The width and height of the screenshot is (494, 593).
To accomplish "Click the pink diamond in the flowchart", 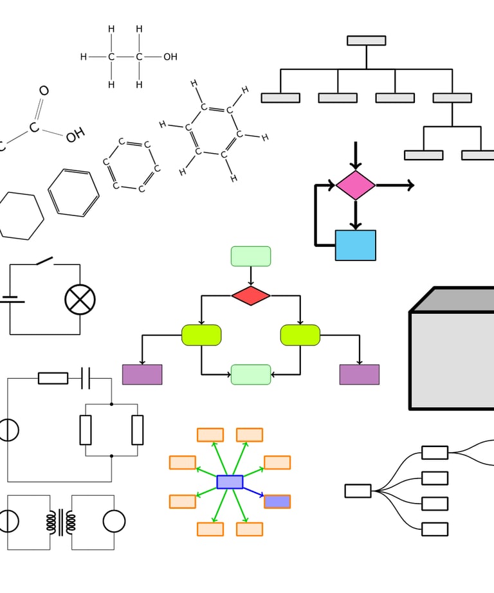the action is tap(356, 185).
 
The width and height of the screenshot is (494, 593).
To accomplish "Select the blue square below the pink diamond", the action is tap(356, 245).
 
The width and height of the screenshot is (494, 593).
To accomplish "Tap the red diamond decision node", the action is tap(251, 295).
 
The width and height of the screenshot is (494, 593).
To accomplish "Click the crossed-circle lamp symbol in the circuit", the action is tap(80, 300).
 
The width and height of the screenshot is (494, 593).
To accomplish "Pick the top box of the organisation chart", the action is tap(367, 41).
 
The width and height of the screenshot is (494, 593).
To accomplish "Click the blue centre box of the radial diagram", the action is tap(230, 482).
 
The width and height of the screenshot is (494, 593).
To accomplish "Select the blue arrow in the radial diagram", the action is tap(253, 491).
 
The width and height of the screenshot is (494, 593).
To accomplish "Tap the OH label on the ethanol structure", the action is tap(170, 57).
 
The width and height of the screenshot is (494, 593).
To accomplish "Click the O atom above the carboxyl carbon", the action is tap(44, 91).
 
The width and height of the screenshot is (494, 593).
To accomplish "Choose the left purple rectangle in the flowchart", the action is tap(142, 374).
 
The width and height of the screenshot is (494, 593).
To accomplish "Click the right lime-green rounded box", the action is tap(300, 335).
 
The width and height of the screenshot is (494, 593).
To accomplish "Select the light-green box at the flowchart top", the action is tap(251, 257).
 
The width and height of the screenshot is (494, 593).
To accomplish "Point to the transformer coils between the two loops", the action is tap(61, 522).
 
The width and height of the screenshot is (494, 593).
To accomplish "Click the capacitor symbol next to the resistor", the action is tap(86, 378).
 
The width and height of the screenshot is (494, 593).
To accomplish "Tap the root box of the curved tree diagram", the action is tap(358, 491).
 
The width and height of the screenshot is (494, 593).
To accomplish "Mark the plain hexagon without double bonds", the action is tap(21, 215).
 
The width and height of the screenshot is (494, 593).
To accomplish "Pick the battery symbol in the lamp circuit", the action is tap(12, 300).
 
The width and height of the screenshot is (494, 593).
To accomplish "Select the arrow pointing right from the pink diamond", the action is tap(395, 185).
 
